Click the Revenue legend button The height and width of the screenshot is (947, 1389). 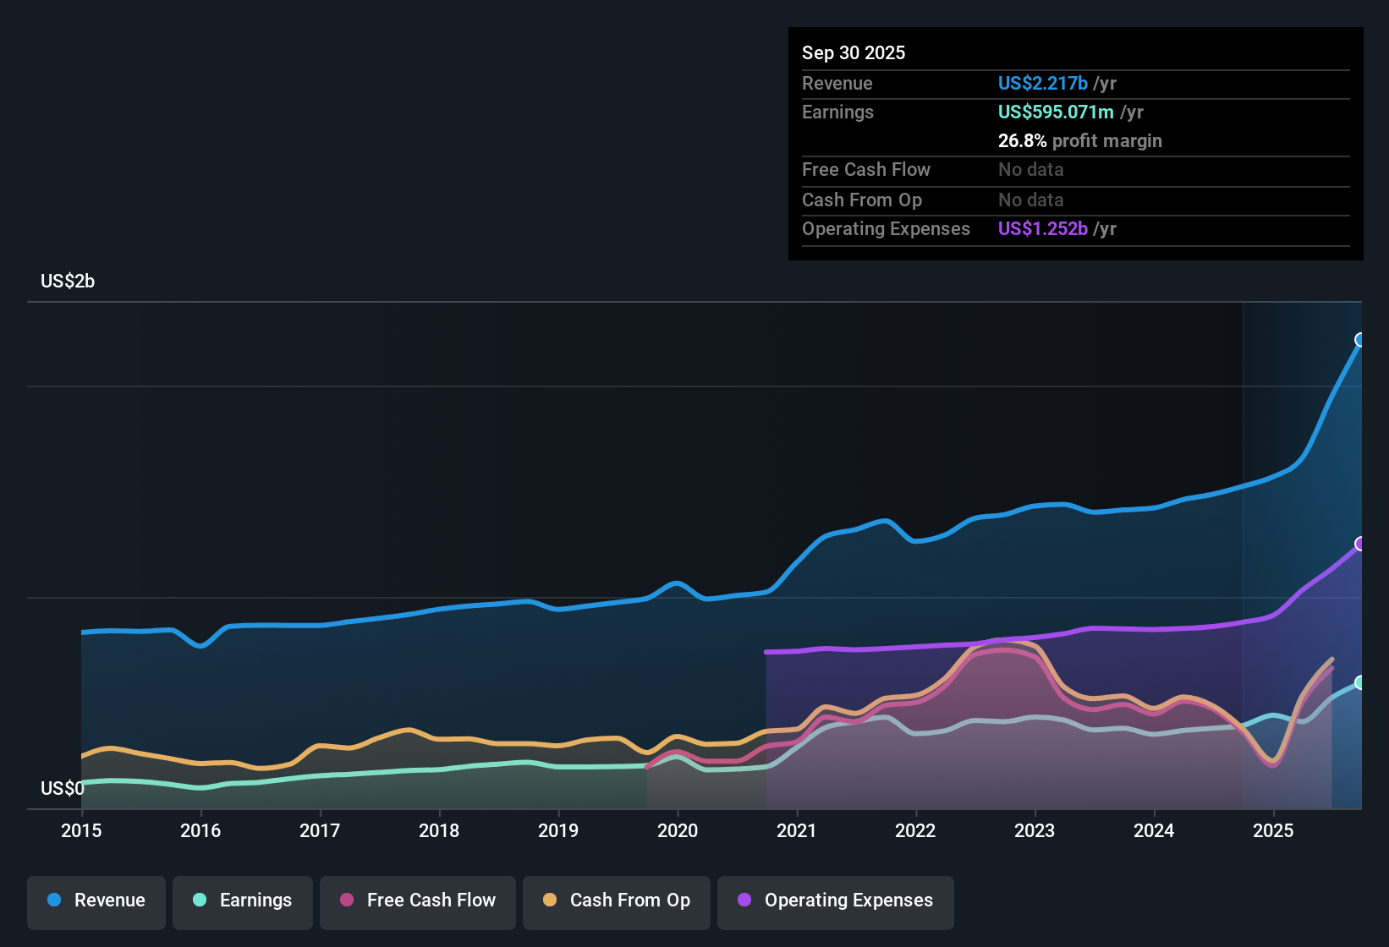tap(96, 900)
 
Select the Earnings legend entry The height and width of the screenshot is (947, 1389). tap(243, 900)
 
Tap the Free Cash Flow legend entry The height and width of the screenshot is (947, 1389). tap(418, 900)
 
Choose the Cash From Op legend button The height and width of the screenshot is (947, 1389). tap(617, 900)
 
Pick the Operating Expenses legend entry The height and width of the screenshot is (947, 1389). tap(836, 900)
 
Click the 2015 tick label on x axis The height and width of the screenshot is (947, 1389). tap(81, 831)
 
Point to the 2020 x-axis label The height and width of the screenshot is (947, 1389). tap(678, 831)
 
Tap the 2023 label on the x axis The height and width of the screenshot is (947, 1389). tap(1035, 831)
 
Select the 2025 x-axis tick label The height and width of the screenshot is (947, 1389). tap(1273, 831)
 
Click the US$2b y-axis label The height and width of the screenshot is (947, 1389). tap(68, 282)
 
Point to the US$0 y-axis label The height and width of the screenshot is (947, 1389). tap(63, 789)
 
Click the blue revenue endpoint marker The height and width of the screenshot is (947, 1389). tap(1360, 340)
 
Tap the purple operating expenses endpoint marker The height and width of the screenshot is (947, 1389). tap(1360, 544)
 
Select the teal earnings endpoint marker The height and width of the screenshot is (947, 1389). tap(1360, 682)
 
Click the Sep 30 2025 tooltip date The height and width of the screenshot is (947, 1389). tap(854, 53)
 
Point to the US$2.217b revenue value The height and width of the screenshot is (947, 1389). tap(1042, 84)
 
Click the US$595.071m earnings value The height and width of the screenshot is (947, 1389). tap(1056, 112)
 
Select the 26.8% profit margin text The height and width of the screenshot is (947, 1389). tap(1079, 141)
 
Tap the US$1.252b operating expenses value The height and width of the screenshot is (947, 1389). tap(1042, 229)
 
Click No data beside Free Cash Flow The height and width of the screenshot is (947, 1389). tap(1030, 170)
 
